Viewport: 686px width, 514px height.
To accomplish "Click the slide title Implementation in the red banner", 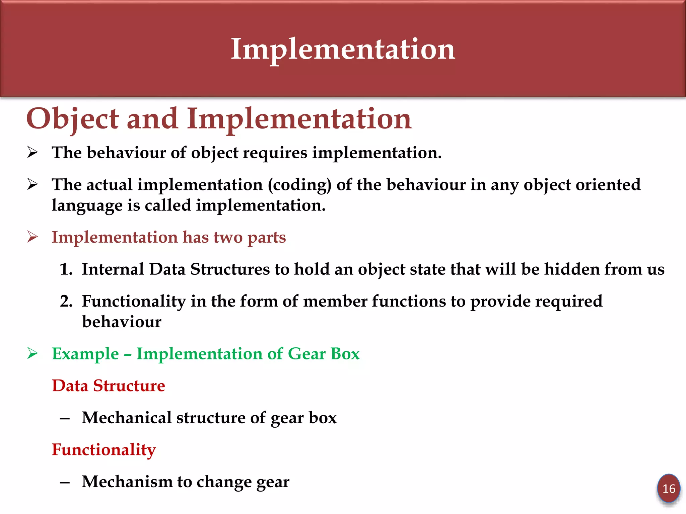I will (x=343, y=50).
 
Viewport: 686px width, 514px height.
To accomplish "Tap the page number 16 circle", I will (x=669, y=489).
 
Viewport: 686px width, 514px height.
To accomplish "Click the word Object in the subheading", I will (x=72, y=119).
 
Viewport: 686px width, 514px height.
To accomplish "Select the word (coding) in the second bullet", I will (x=299, y=185).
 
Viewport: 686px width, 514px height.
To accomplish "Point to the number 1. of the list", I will (x=66, y=269).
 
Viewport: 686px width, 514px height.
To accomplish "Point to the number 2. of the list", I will (x=66, y=301).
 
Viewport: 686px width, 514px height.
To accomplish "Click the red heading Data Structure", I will (x=108, y=385).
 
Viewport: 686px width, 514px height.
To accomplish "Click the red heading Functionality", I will (x=104, y=449).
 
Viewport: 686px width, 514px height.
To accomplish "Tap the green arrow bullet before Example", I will (x=32, y=353).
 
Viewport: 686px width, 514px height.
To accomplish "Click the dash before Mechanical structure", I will (x=65, y=418).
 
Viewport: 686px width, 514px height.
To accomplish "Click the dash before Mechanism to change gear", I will (x=65, y=482).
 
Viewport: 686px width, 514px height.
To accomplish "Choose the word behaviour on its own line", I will (x=122, y=322).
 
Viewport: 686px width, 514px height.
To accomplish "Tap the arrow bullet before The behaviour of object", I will (x=32, y=153).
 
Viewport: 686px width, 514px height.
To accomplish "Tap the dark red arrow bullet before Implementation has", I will (x=32, y=237).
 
